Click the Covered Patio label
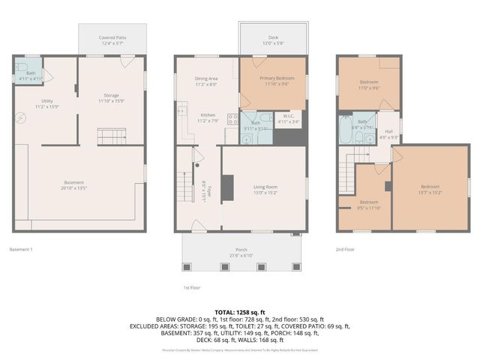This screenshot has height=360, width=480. coord(112,40)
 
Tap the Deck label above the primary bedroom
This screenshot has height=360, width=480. coord(273,40)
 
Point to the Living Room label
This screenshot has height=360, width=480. coord(265,190)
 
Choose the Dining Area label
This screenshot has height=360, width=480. coord(206,81)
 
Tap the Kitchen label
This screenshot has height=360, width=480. coord(207,118)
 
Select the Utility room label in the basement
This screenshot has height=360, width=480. coord(46,103)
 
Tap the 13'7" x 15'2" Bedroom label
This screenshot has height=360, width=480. coord(430,189)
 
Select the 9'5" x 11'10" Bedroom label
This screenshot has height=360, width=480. coord(369,205)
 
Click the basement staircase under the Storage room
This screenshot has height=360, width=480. coord(110,136)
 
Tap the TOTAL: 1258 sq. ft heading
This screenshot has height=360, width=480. coord(240,312)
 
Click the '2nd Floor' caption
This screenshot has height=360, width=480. coord(345,249)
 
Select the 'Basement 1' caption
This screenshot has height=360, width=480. coord(22,249)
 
